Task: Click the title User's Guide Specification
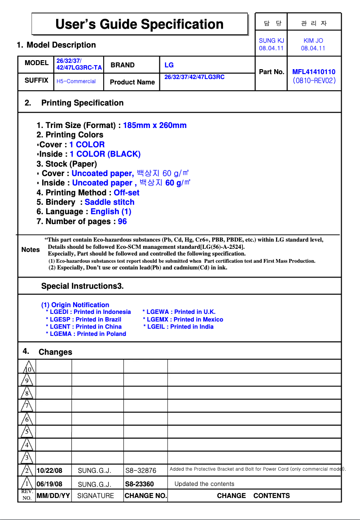tap(139, 24)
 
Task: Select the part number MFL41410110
tap(313, 72)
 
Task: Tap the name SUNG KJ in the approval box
tap(271, 41)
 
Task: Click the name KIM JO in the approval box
tap(313, 41)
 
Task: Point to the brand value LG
tap(169, 65)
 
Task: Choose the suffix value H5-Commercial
tap(76, 81)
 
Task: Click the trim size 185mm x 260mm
tap(154, 125)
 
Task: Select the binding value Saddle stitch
tap(110, 202)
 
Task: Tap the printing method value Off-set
tap(126, 193)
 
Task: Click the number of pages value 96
tap(122, 221)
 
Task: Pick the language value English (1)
tap(111, 212)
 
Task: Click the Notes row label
tap(31, 250)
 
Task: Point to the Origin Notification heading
tap(75, 305)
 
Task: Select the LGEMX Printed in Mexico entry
tap(183, 319)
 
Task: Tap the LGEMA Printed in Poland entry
tap(86, 334)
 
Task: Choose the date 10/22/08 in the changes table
tap(49, 471)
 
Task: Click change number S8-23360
tap(139, 484)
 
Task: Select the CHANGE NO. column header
tap(145, 496)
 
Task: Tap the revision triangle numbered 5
tap(27, 432)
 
